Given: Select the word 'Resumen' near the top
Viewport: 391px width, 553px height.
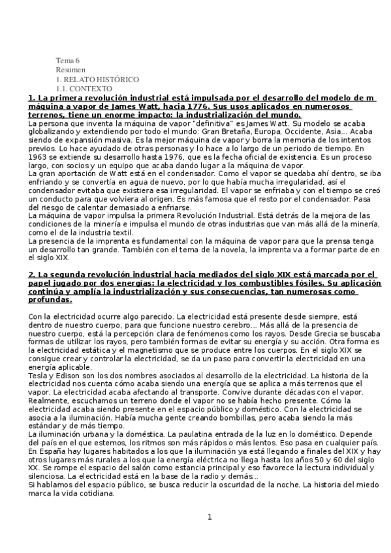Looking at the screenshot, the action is tap(70, 69).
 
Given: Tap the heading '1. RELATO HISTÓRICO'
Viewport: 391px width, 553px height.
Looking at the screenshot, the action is tap(97, 79).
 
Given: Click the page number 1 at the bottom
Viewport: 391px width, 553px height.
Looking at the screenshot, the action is tap(210, 518).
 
